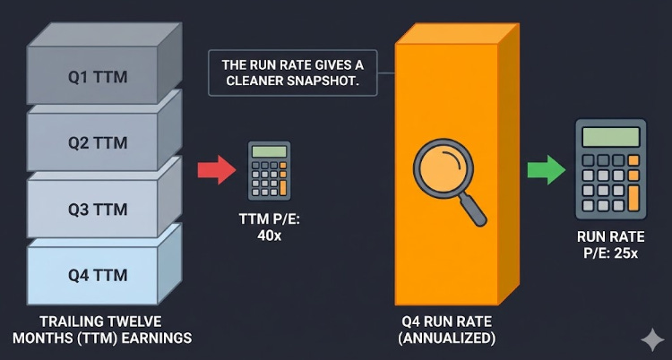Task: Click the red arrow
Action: pos(214,169)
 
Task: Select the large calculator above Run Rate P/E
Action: pos(610,169)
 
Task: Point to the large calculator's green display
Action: pos(610,137)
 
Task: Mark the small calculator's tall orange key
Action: pos(284,185)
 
